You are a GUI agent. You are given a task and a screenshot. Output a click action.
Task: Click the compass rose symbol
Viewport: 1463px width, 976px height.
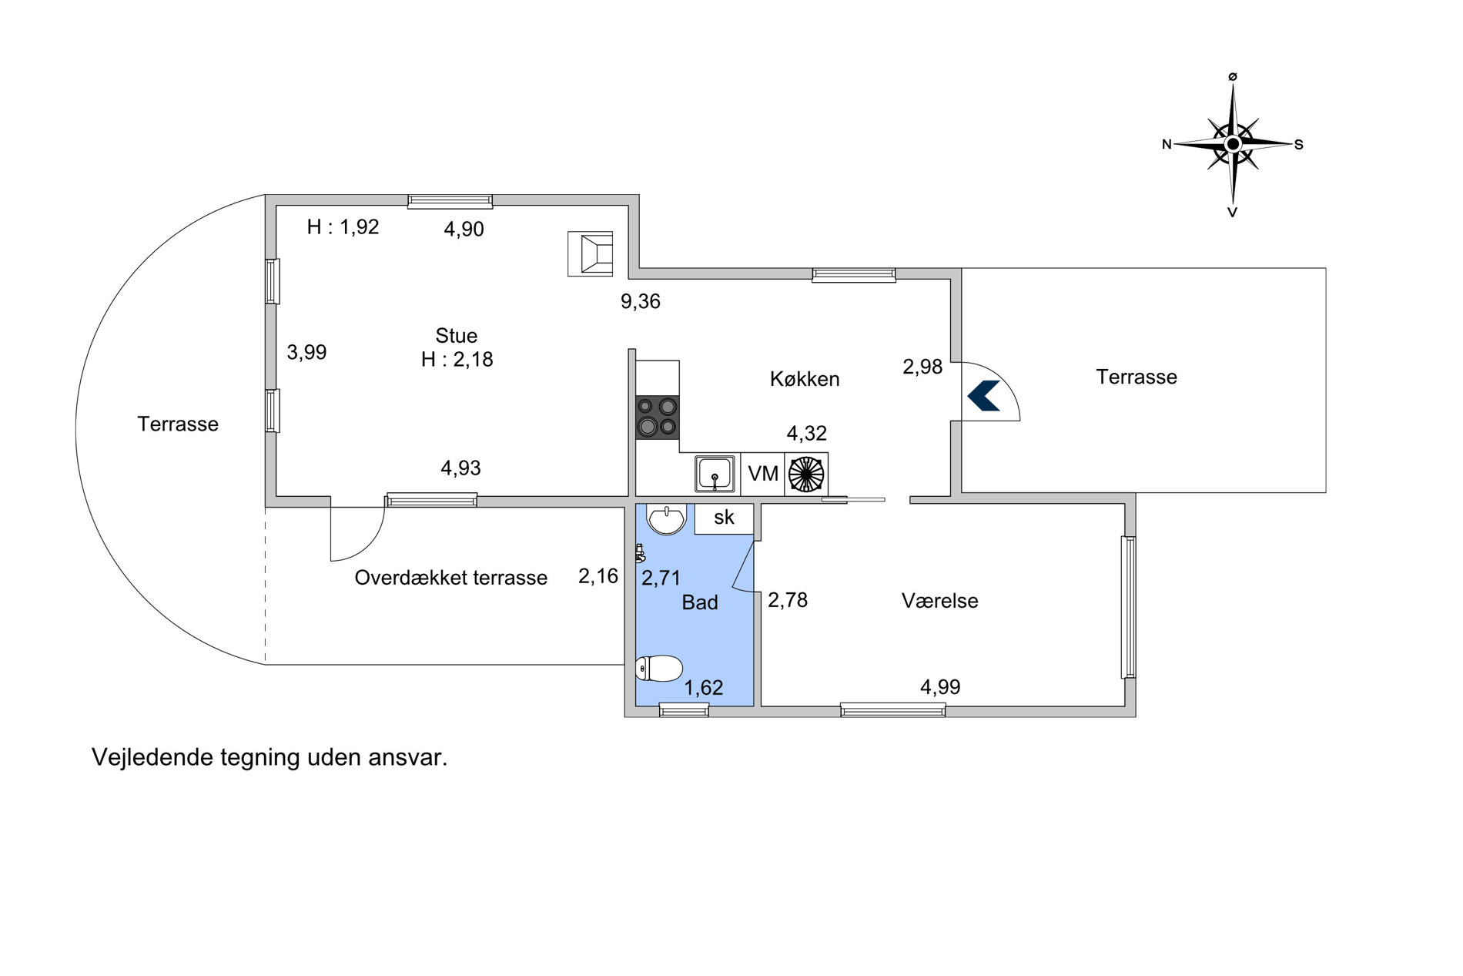click(x=1233, y=144)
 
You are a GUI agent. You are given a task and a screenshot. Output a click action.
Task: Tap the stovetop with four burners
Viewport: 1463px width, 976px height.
click(x=657, y=417)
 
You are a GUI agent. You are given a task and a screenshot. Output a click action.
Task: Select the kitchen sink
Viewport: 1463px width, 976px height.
click(x=715, y=474)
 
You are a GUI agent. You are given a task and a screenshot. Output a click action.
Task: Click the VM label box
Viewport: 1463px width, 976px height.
click(x=762, y=474)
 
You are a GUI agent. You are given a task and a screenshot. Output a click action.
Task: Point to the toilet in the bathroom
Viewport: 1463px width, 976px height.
click(x=659, y=668)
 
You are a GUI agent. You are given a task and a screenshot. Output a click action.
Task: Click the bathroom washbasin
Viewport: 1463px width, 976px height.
click(x=666, y=519)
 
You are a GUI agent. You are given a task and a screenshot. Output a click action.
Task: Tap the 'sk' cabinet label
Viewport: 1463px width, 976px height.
click(x=724, y=518)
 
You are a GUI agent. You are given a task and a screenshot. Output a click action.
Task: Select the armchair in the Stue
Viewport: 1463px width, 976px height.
click(x=591, y=253)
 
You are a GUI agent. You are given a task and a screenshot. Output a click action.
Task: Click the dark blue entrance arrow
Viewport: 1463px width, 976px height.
click(x=983, y=395)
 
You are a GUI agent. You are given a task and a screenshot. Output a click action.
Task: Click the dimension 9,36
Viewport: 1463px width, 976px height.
click(x=641, y=301)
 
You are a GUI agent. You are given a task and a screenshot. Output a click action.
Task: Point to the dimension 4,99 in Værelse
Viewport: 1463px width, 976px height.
click(x=940, y=687)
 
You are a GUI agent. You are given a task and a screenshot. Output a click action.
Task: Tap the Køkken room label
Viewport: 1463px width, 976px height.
click(x=805, y=379)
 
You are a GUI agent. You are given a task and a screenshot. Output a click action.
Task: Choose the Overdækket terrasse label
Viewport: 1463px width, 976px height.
click(x=451, y=578)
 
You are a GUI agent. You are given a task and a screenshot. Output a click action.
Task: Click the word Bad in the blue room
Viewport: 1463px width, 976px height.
click(x=700, y=602)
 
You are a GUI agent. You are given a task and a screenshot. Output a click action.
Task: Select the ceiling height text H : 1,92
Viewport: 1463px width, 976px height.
click(x=343, y=226)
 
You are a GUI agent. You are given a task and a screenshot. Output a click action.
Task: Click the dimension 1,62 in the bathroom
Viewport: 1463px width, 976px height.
click(x=704, y=687)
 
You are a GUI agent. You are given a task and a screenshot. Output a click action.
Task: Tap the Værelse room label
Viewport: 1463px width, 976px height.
click(x=940, y=601)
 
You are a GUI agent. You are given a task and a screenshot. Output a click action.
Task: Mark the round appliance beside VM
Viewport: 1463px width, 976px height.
click(x=806, y=474)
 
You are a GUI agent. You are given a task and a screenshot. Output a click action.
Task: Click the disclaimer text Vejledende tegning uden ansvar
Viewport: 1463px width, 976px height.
click(x=269, y=757)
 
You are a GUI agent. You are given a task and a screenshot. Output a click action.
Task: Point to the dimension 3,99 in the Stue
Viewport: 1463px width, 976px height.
click(x=306, y=352)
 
